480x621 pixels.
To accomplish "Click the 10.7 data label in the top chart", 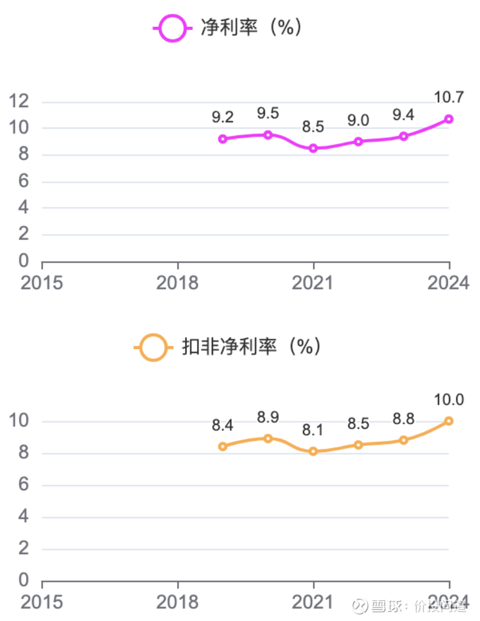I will point(448,98).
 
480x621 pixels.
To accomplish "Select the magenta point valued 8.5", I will point(314,148).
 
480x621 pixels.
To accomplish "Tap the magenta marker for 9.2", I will point(223,139).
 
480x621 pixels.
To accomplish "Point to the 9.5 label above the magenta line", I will point(268,114).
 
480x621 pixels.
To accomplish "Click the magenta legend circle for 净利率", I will point(172,28).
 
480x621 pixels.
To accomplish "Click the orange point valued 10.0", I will point(448,421).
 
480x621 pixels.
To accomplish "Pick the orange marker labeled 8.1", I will point(314,451).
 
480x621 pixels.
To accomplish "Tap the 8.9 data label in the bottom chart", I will point(268,417).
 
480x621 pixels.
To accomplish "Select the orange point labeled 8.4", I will point(223,446).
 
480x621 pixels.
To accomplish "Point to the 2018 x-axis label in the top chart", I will point(178,283).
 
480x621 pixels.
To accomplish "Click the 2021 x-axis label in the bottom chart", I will point(314,602).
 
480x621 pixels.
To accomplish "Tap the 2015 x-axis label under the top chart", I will point(42,283).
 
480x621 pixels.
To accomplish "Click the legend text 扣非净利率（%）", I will point(252,347).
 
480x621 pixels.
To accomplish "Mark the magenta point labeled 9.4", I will point(404,136).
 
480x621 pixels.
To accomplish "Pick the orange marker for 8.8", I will point(404,440).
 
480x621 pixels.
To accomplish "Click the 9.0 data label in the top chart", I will point(358,120).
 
